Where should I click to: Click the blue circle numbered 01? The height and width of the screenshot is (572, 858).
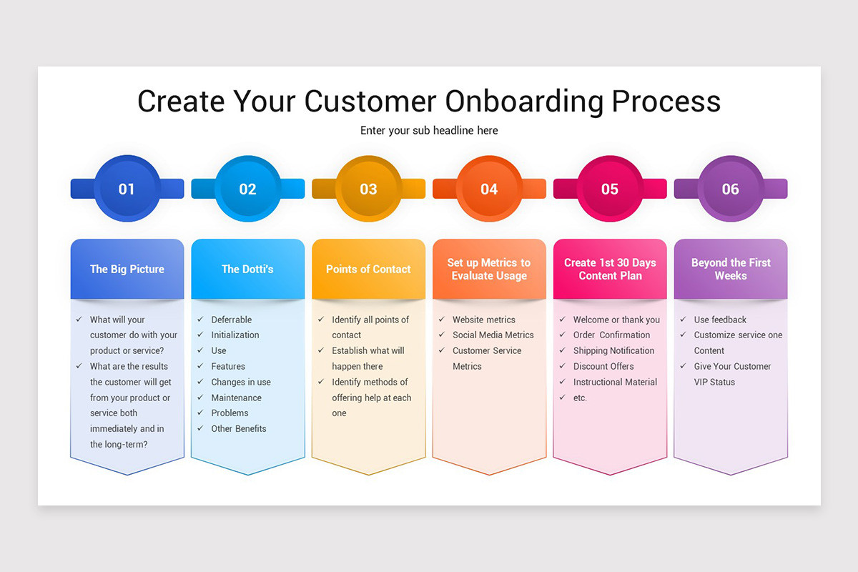[127, 189]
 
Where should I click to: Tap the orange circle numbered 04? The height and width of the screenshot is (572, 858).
[489, 189]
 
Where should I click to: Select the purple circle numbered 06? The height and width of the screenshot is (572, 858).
[730, 189]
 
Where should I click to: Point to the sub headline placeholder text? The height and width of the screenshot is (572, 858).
[429, 131]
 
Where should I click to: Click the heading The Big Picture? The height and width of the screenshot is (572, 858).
[127, 270]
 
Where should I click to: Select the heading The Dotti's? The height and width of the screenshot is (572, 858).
[247, 270]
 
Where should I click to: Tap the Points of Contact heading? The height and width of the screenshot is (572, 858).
[368, 270]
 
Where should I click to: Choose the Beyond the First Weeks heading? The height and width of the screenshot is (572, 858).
[731, 269]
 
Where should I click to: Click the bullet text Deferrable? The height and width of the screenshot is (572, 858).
[232, 320]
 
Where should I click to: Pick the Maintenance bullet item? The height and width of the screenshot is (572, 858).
[236, 398]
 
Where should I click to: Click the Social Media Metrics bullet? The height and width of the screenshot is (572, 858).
[493, 335]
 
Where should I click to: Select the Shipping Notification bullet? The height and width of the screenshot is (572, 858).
[613, 350]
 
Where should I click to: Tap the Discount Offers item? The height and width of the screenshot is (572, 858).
[603, 366]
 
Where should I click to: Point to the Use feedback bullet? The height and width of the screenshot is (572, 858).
[720, 320]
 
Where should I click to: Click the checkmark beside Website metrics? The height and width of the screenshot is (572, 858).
[442, 320]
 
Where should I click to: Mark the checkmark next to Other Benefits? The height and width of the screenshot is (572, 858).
[200, 428]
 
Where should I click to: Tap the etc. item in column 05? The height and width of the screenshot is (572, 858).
[580, 398]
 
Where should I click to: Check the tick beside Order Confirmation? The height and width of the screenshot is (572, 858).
[563, 335]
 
